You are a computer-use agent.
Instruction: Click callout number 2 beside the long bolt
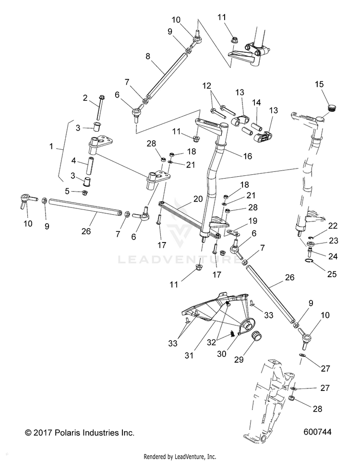point(85,98)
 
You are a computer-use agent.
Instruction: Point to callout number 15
point(319,85)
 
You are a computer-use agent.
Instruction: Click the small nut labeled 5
point(85,193)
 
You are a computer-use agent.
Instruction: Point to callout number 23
point(320,240)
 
